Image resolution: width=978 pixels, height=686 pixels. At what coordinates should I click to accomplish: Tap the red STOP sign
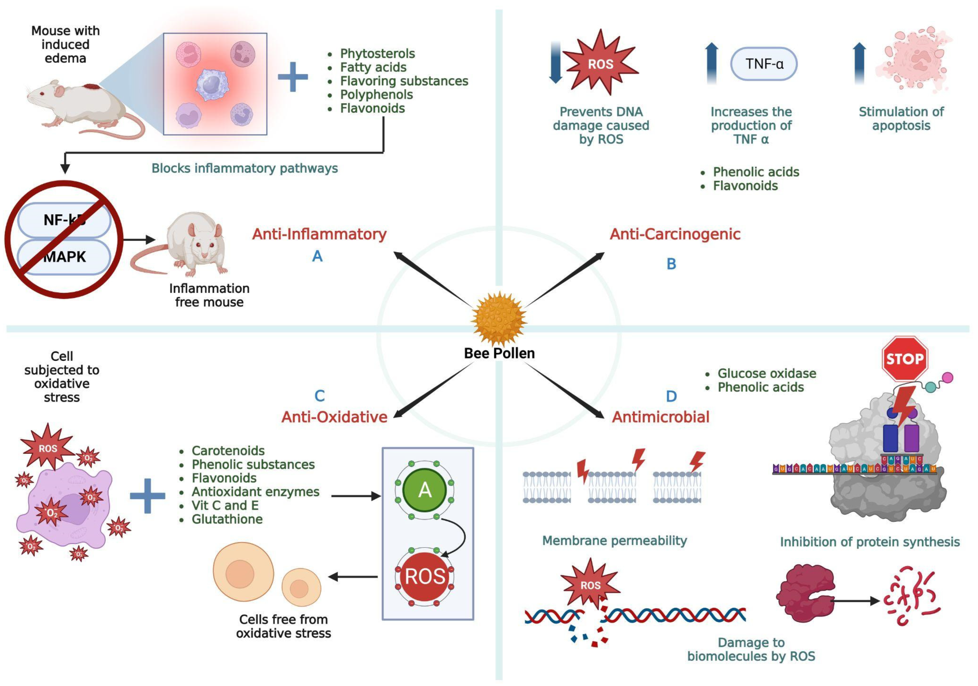pyautogui.click(x=905, y=359)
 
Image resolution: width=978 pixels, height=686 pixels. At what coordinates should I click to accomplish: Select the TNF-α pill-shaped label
pyautogui.click(x=764, y=64)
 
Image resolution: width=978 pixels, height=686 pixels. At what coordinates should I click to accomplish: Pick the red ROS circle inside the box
pyautogui.click(x=424, y=577)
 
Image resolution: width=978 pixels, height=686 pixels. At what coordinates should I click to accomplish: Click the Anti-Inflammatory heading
pyautogui.click(x=319, y=234)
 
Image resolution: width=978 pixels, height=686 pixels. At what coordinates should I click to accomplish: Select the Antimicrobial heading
pyautogui.click(x=660, y=417)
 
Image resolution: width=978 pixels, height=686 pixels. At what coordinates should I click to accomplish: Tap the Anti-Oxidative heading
pyautogui.click(x=334, y=417)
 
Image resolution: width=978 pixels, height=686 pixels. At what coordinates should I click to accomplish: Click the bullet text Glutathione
pyautogui.click(x=227, y=519)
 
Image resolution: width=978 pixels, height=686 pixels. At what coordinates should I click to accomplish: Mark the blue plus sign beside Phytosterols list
pyautogui.click(x=293, y=77)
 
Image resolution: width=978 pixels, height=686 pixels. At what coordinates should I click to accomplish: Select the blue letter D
pyautogui.click(x=671, y=396)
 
